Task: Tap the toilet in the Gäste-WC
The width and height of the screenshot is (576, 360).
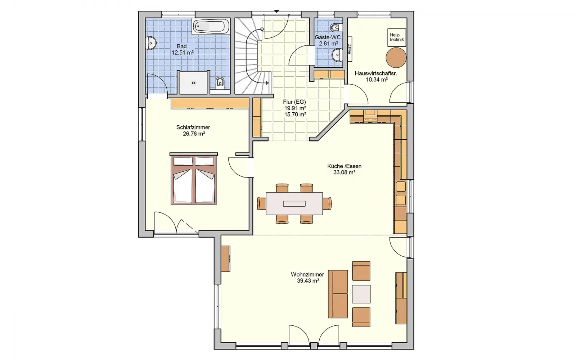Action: click(x=336, y=27)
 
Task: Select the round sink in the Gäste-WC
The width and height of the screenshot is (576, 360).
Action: click(x=337, y=54)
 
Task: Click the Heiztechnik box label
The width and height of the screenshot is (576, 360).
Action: click(x=397, y=37)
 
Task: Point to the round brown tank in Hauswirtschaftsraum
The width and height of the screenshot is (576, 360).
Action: click(x=396, y=58)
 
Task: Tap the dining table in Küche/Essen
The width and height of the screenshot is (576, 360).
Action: click(x=294, y=204)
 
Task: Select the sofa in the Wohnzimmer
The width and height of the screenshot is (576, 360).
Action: click(x=338, y=294)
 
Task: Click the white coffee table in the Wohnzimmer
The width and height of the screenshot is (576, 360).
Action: click(x=361, y=294)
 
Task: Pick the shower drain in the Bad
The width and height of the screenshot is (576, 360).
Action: click(x=193, y=83)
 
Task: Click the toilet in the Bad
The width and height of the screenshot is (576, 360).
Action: click(x=220, y=83)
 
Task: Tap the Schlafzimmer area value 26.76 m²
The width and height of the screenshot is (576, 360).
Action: click(x=194, y=134)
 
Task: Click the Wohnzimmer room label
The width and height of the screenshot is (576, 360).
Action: click(x=307, y=274)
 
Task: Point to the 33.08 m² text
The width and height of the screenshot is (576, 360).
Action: click(x=344, y=172)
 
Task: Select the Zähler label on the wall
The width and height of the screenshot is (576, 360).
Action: click(x=350, y=49)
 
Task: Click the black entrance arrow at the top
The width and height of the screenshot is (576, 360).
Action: click(x=276, y=12)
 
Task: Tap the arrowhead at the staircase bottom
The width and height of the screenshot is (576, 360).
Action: click(x=268, y=83)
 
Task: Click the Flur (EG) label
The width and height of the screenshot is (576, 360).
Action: click(x=294, y=102)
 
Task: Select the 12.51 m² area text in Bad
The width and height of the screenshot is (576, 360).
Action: click(x=183, y=53)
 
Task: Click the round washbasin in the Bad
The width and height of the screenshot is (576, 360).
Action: click(x=151, y=43)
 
